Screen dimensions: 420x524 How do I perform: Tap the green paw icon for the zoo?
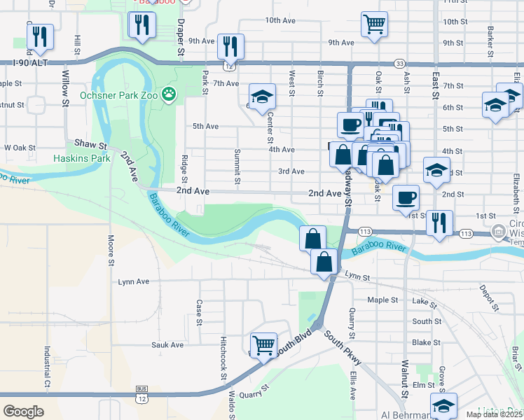click(169, 93)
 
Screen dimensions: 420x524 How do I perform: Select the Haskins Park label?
click(82, 159)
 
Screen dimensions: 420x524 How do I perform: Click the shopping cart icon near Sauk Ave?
click(263, 344)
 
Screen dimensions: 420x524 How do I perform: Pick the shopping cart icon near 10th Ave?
click(374, 24)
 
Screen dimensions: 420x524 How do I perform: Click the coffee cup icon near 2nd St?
click(406, 197)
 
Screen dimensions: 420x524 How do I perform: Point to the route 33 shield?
click(399, 62)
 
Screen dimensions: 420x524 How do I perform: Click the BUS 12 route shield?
click(142, 393)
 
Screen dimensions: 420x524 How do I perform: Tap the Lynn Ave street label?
click(134, 282)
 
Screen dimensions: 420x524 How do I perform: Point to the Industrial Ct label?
click(48, 367)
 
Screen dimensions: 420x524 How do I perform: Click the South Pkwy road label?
click(343, 347)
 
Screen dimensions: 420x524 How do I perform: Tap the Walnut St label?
click(405, 378)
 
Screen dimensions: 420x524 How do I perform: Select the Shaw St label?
click(90, 144)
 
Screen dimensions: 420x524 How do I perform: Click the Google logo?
click(23, 411)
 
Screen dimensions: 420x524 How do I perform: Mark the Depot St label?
click(488, 293)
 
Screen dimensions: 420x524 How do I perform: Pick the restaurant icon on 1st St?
click(439, 223)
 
